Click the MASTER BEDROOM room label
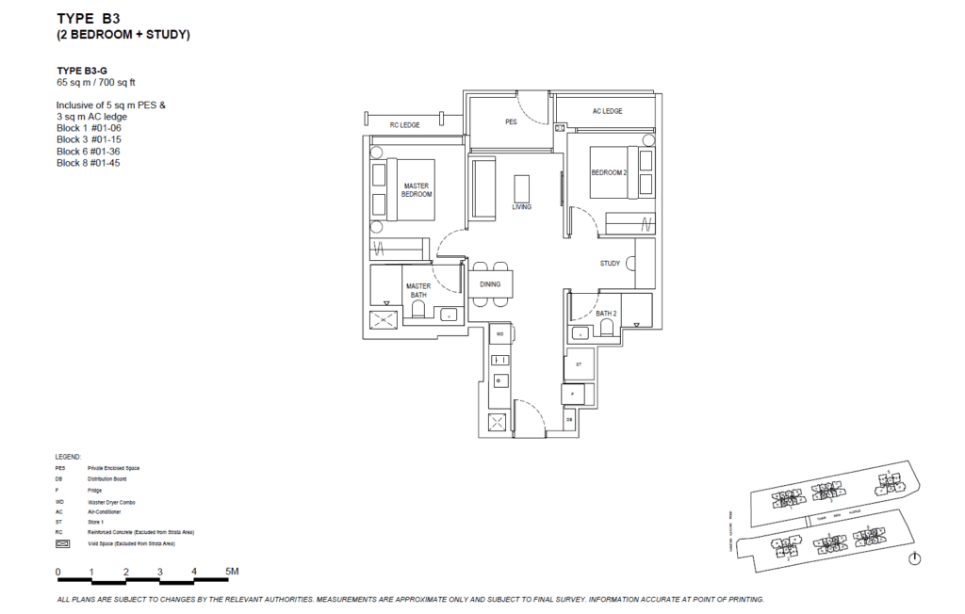click(417, 189)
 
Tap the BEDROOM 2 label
click(609, 172)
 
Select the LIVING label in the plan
click(521, 207)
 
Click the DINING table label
click(490, 284)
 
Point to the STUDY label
click(610, 264)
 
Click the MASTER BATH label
click(417, 290)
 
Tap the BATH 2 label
click(606, 313)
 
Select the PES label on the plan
click(511, 121)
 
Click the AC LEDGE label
click(607, 111)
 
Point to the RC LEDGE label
click(404, 124)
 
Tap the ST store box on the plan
click(579, 363)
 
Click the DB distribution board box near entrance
click(570, 419)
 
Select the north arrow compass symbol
click(913, 558)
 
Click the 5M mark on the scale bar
click(232, 572)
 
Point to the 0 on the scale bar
click(57, 572)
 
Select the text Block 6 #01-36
click(88, 151)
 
